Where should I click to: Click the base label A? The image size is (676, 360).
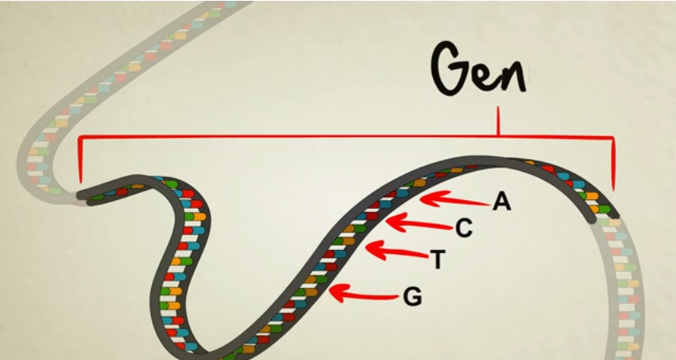[502, 203]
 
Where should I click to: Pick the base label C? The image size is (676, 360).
[464, 229]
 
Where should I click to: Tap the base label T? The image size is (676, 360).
[437, 258]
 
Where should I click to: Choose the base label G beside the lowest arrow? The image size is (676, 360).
[412, 297]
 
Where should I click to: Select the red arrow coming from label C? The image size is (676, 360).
[420, 224]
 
